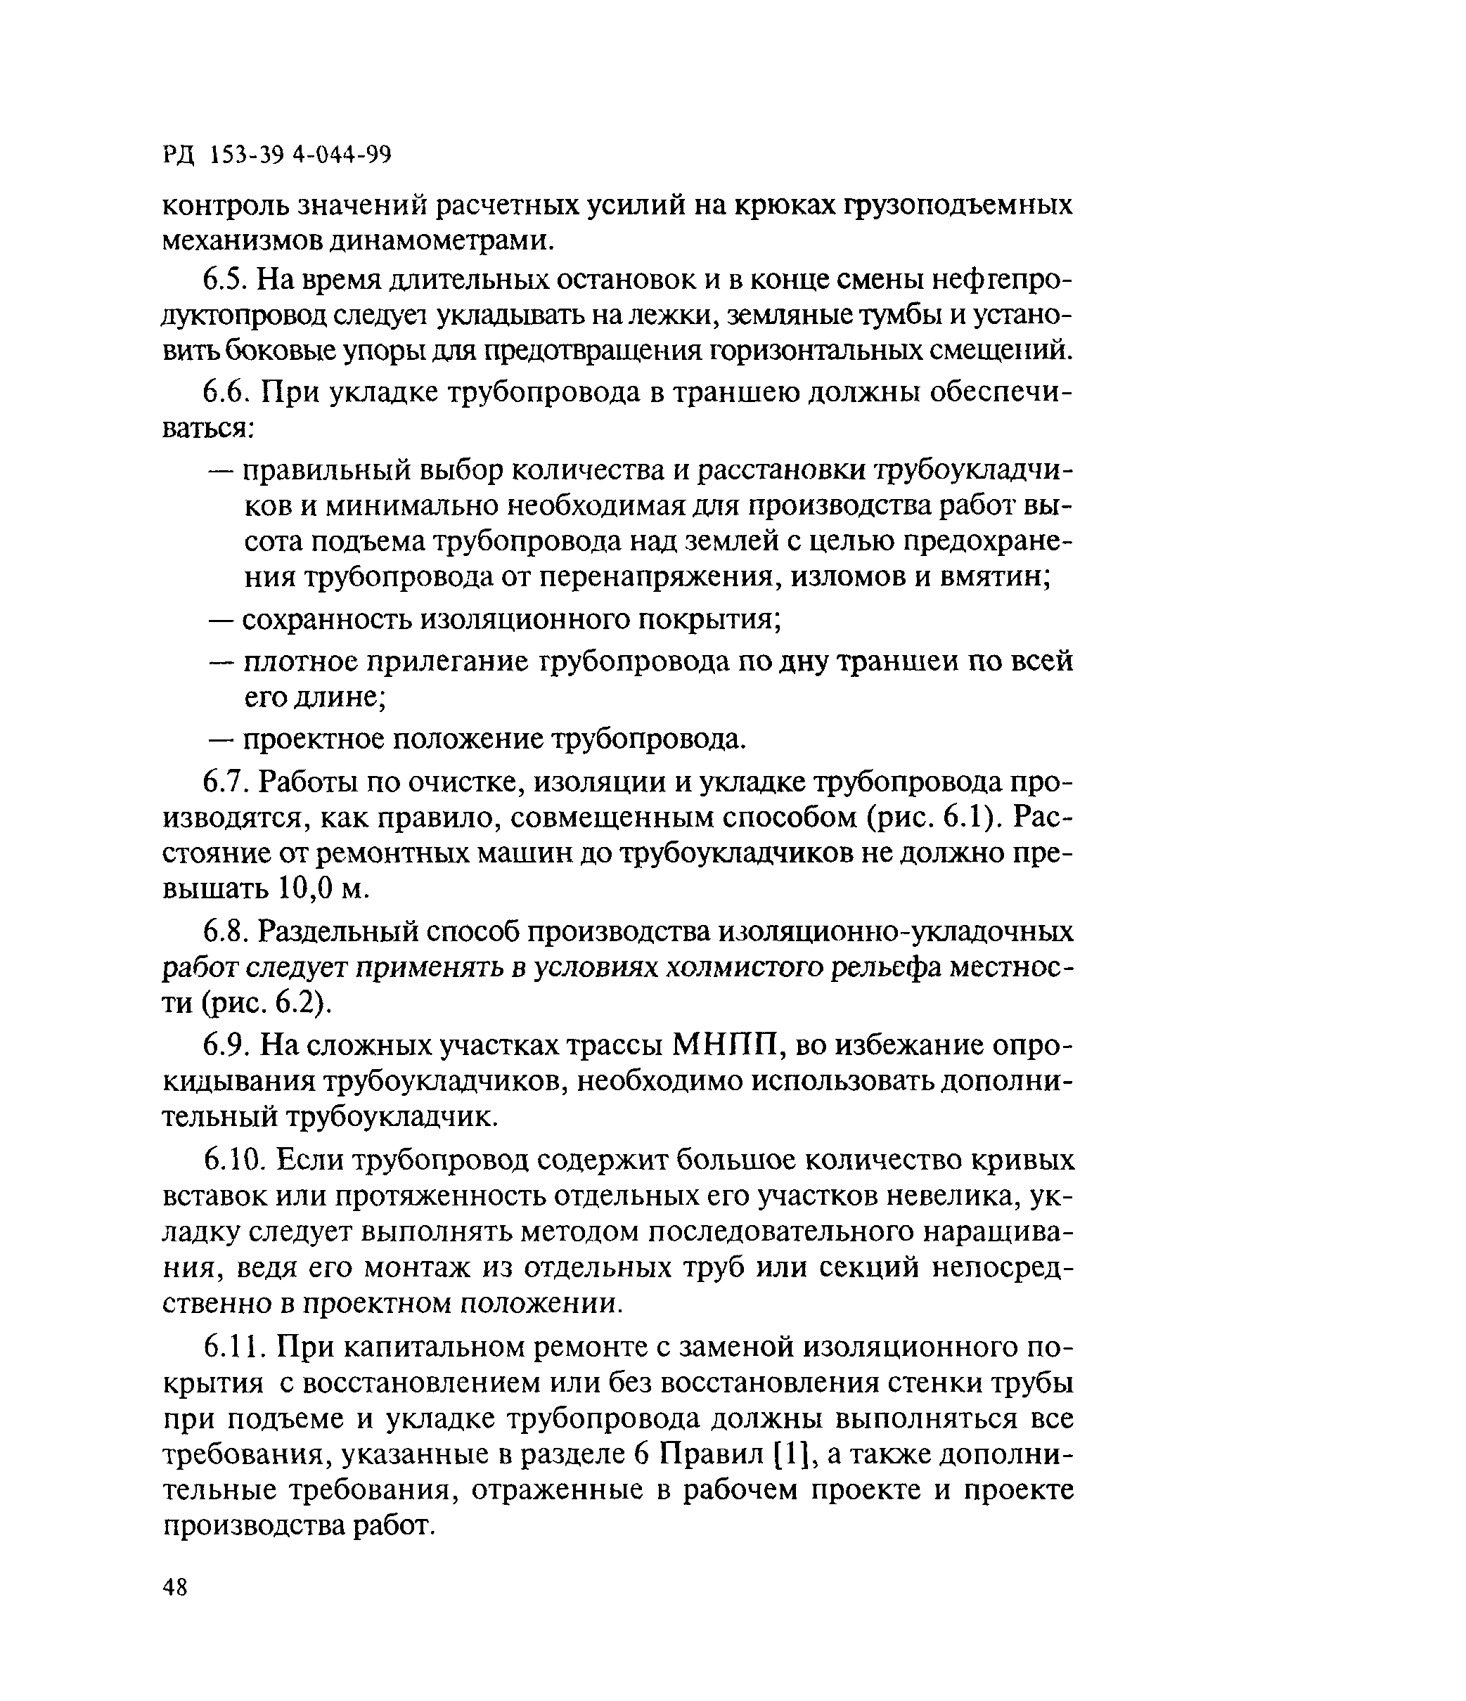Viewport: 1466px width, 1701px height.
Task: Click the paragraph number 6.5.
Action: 225,280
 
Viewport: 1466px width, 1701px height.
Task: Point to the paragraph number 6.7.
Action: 225,782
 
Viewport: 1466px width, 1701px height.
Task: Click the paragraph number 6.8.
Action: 225,932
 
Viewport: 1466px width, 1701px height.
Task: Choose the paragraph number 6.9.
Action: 225,1045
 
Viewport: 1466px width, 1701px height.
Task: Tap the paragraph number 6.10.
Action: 233,1159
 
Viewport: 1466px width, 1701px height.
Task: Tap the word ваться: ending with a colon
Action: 210,429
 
